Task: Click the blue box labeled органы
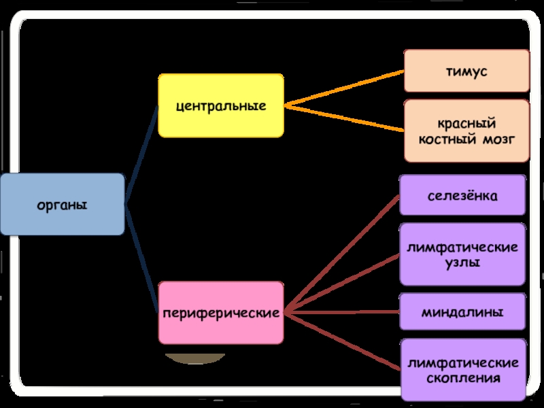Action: (63, 204)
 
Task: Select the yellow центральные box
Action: (221, 106)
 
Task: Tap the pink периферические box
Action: (221, 313)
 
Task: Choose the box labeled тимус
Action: (466, 71)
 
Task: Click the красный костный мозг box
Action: (466, 131)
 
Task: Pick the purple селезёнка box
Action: (462, 196)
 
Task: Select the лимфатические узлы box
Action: (462, 254)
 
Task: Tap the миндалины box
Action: (462, 313)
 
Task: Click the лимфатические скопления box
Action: (462, 370)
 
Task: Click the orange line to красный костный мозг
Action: (343, 118)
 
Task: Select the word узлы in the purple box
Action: (462, 262)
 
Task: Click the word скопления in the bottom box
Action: (462, 378)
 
